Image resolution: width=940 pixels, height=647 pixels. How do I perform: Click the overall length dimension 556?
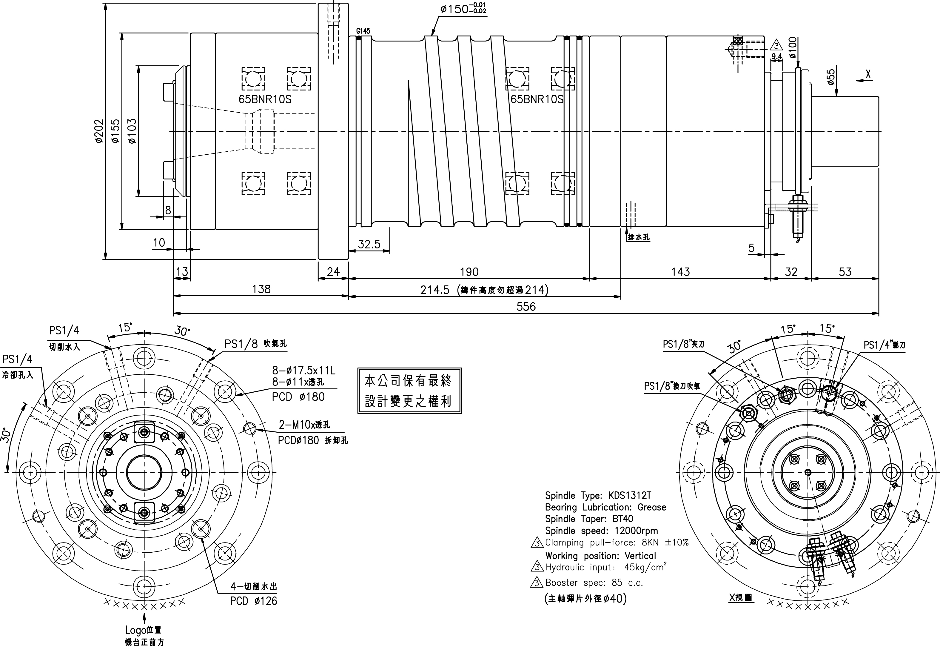tap(526, 306)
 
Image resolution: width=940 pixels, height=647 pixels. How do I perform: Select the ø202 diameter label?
tap(99, 131)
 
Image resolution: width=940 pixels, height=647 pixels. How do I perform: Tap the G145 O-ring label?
tap(363, 31)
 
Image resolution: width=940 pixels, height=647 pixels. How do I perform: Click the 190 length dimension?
tap(469, 272)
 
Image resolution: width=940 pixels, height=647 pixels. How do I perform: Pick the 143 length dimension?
tap(680, 272)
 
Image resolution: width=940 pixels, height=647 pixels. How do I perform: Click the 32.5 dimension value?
tap(369, 244)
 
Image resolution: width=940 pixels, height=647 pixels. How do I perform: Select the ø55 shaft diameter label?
tap(831, 77)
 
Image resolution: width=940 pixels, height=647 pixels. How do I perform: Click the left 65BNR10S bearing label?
tap(265, 99)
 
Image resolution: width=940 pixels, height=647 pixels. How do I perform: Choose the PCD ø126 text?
tap(254, 601)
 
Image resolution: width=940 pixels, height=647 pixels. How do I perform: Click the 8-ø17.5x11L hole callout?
tap(303, 371)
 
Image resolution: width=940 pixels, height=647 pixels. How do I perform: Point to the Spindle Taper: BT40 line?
tap(589, 519)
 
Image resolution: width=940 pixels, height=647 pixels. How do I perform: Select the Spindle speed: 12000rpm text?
tap(601, 531)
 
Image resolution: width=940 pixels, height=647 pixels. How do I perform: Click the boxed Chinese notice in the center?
tap(409, 391)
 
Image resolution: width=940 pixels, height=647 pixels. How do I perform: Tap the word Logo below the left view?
tap(135, 630)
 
